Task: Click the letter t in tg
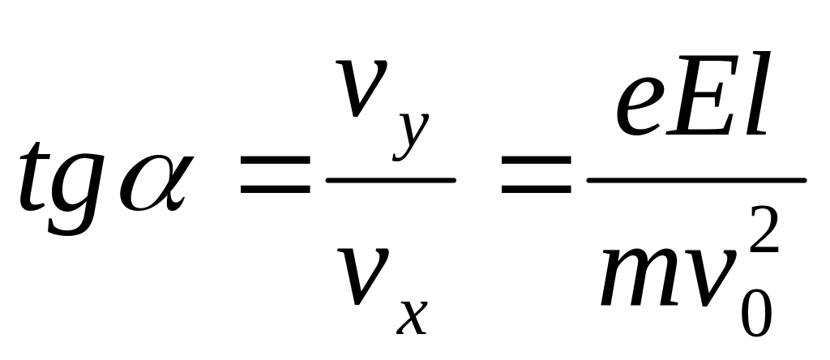click(34, 178)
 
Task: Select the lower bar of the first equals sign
click(276, 188)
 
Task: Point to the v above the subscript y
click(362, 88)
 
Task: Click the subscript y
click(411, 136)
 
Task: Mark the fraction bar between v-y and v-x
click(391, 181)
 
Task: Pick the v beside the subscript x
click(364, 276)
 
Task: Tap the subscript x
click(412, 318)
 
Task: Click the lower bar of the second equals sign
click(537, 188)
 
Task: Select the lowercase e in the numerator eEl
click(638, 106)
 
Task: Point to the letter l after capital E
click(755, 93)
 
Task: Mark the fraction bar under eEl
click(696, 181)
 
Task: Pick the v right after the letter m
click(708, 276)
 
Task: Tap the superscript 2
click(764, 229)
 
